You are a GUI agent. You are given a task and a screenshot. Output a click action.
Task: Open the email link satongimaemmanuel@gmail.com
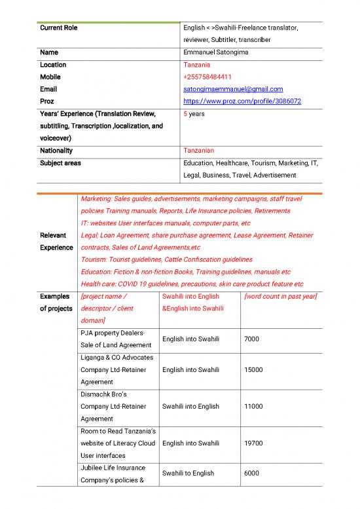tap(233, 89)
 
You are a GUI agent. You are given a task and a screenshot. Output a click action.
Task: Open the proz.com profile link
tap(242, 102)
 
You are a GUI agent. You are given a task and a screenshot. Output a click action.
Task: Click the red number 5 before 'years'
tap(186, 114)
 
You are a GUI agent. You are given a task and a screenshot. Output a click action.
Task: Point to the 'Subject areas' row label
tap(60, 163)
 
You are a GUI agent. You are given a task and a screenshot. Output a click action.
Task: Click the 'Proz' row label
tap(47, 102)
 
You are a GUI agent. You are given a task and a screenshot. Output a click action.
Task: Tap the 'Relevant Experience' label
tap(56, 241)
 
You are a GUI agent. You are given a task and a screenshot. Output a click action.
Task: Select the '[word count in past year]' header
tap(279, 297)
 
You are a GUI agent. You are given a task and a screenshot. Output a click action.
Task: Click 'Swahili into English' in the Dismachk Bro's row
tap(190, 406)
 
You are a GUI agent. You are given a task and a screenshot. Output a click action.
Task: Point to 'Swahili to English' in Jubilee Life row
tap(189, 473)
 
